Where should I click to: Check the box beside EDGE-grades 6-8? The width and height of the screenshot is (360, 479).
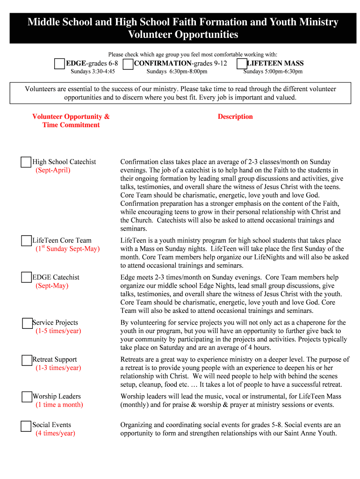point(59,64)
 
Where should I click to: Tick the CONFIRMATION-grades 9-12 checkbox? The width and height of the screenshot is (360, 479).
point(128,64)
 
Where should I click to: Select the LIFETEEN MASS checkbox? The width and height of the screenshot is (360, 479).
point(242,64)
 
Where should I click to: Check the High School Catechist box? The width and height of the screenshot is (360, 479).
point(26,162)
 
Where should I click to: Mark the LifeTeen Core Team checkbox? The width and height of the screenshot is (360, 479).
point(26,241)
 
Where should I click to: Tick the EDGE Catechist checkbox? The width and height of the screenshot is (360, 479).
point(26,277)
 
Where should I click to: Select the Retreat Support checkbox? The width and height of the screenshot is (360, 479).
point(27,360)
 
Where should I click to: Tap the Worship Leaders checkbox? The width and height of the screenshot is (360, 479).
point(27,397)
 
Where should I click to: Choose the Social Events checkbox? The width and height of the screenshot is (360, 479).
point(26,426)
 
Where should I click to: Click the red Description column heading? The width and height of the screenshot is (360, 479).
point(235,117)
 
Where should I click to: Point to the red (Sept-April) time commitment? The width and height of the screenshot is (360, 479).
point(53,170)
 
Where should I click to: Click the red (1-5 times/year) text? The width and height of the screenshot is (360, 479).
point(58,331)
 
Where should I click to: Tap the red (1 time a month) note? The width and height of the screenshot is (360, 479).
point(59,405)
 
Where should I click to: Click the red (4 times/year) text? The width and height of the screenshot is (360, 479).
point(55,434)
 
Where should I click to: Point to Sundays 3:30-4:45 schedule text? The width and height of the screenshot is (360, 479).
point(93,72)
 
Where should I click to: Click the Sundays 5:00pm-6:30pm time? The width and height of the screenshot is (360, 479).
point(273,72)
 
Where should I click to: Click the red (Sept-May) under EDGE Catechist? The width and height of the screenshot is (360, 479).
point(52,286)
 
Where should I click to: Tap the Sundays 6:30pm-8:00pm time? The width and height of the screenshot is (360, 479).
point(177,72)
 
